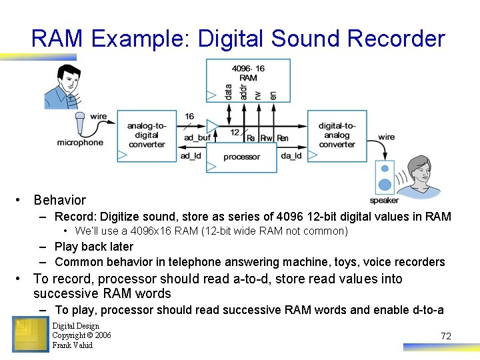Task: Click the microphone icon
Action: [81, 123]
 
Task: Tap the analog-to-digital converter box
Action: [147, 135]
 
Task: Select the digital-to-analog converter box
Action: [337, 135]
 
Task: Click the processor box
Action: [241, 157]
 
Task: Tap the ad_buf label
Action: [197, 138]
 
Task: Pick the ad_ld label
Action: [191, 156]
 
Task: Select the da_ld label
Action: [291, 156]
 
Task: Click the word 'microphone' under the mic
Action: [80, 143]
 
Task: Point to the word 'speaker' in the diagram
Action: [384, 200]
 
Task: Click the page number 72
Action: [446, 336]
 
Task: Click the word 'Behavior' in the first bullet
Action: [60, 200]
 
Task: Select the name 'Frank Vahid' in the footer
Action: [73, 345]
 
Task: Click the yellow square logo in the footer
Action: [30, 335]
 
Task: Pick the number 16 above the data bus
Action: [189, 117]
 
